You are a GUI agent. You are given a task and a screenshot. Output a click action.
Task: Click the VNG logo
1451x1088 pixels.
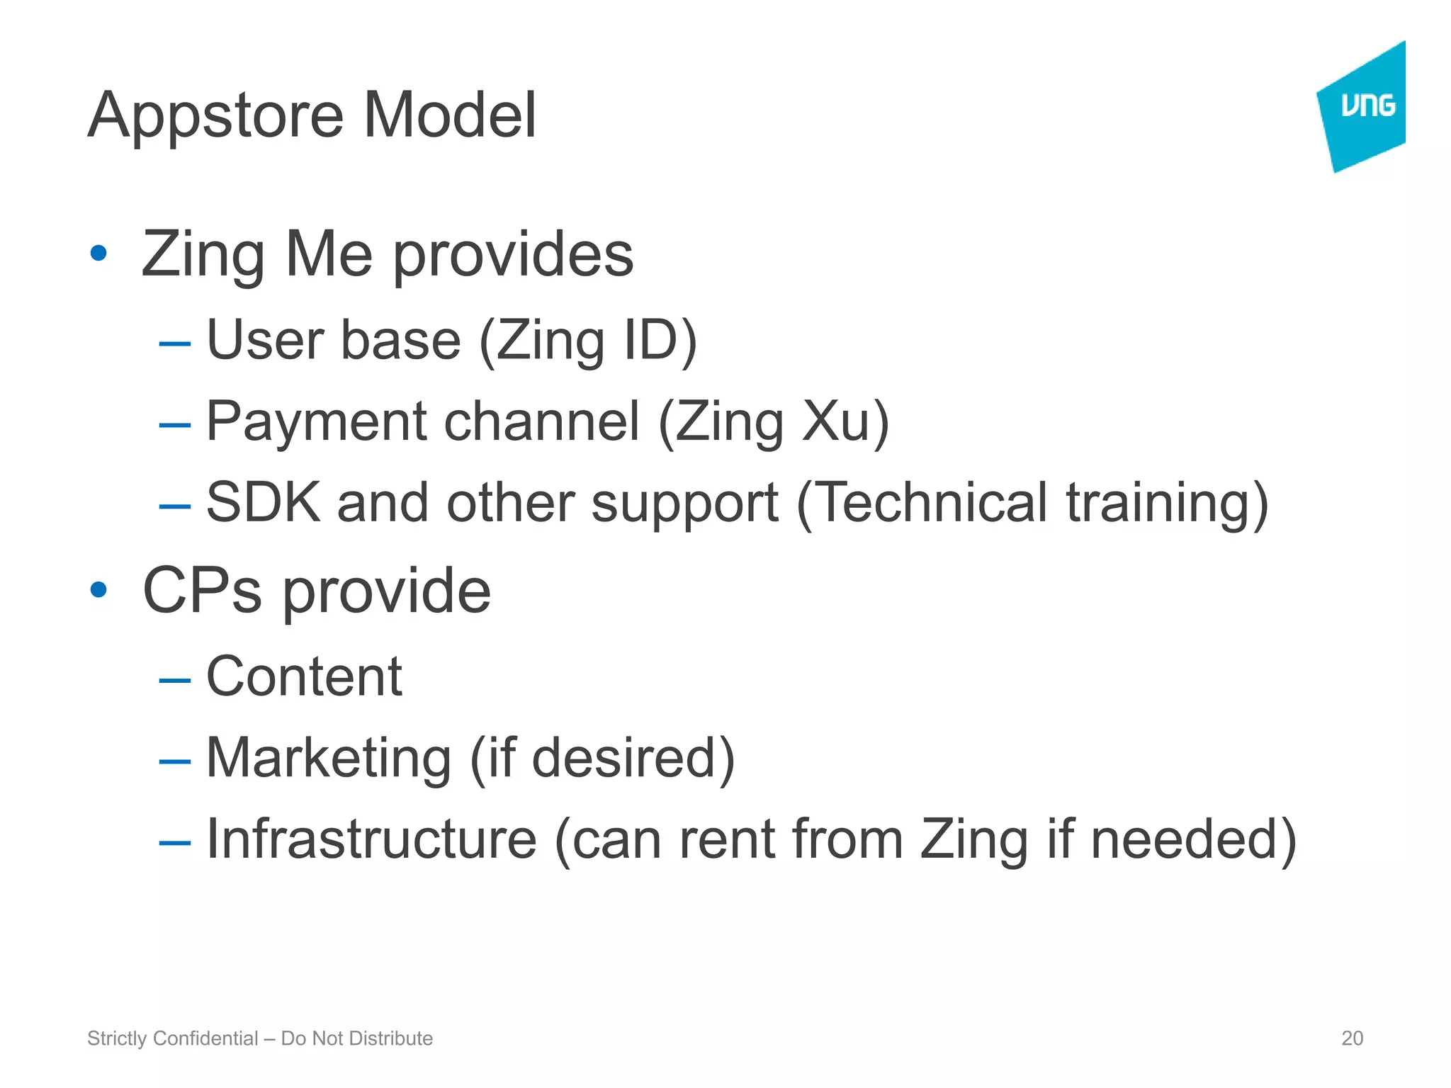pyautogui.click(x=1363, y=106)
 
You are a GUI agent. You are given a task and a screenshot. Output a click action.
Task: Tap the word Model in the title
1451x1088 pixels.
pyautogui.click(x=449, y=115)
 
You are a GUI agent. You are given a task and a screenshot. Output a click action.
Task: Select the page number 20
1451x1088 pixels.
pyautogui.click(x=1352, y=1038)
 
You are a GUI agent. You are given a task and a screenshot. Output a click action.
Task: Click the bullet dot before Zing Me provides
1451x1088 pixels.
pyautogui.click(x=98, y=253)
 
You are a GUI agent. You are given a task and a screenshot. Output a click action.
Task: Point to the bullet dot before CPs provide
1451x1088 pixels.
pyautogui.click(x=98, y=589)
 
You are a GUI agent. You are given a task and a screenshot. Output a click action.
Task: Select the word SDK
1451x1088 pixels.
pyautogui.click(x=263, y=502)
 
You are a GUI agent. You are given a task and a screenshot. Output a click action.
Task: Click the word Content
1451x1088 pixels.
pyautogui.click(x=304, y=676)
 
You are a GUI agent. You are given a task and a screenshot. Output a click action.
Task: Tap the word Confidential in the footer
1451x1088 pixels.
pyautogui.click(x=205, y=1038)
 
